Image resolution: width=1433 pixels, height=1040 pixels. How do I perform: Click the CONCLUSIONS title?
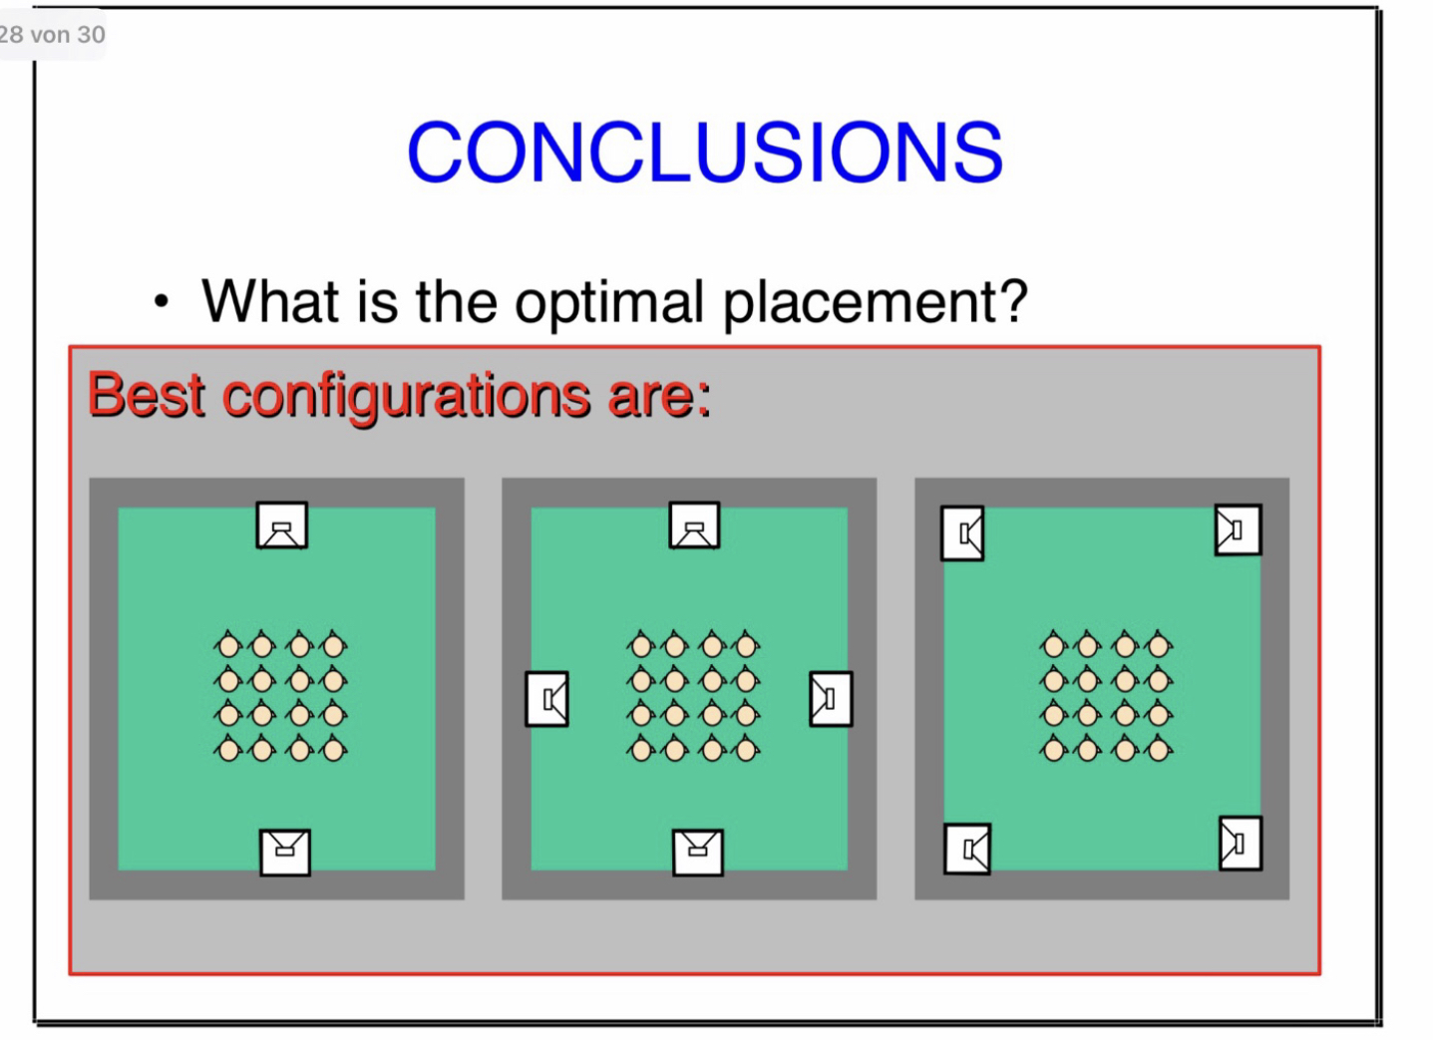[x=705, y=153]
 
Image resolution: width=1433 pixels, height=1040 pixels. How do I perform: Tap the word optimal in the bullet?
[x=609, y=302]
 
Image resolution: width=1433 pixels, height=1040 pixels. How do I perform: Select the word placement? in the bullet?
[x=875, y=302]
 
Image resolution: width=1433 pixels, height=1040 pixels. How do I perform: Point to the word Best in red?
[x=147, y=395]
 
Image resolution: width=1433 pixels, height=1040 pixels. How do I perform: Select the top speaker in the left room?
[x=282, y=525]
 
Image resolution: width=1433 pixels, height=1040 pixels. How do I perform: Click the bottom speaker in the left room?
[x=285, y=853]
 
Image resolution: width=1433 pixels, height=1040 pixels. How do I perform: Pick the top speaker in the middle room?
[x=695, y=525]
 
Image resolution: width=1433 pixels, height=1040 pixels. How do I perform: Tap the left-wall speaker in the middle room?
[x=546, y=699]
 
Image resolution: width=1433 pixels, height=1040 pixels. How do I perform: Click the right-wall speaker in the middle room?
[x=831, y=699]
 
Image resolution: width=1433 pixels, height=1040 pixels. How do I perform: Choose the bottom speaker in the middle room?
[x=698, y=853]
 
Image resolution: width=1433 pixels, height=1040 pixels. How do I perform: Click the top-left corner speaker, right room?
[x=962, y=533]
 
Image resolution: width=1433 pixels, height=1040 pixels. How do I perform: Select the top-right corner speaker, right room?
[x=1238, y=529]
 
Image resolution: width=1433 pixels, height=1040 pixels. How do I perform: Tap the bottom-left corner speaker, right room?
[x=967, y=849]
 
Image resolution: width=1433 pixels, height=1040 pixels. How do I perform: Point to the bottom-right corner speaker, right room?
[x=1241, y=844]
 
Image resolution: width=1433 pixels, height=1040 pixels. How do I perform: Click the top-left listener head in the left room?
[x=228, y=645]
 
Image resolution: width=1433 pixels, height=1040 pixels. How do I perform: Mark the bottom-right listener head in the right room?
[x=1158, y=749]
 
